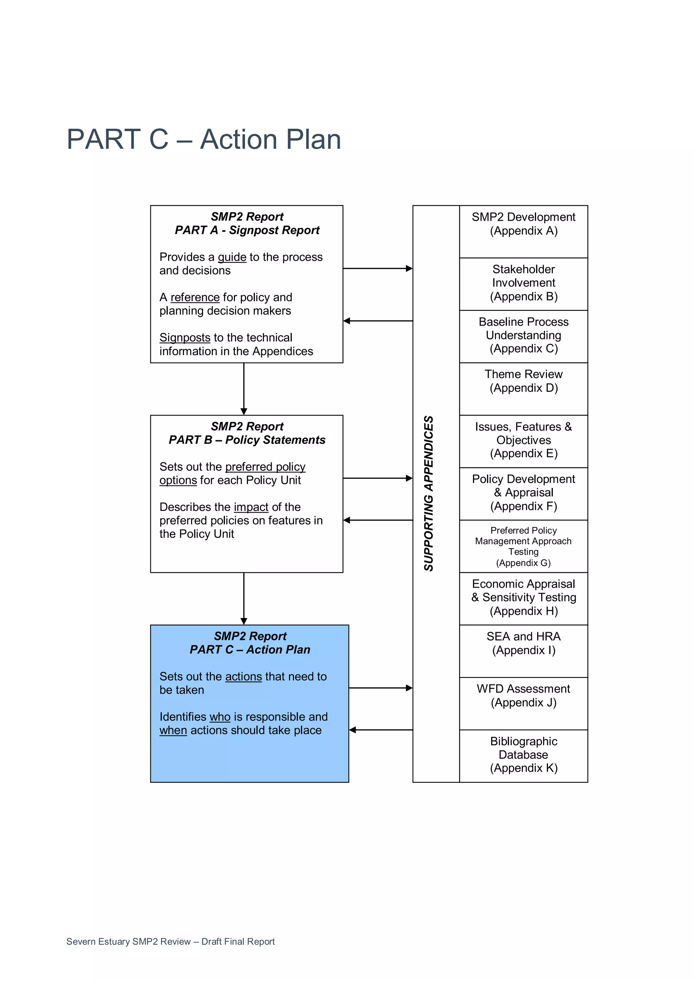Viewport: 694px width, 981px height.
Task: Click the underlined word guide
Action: pos(232,257)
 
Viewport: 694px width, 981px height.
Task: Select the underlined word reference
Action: pos(195,297)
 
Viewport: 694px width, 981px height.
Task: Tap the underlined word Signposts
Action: pos(185,338)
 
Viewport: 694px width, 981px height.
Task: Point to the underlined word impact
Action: pos(251,507)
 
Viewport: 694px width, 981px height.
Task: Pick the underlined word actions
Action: pos(243,677)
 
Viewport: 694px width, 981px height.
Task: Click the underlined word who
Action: pos(220,717)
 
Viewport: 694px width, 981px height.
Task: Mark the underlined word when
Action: pos(173,731)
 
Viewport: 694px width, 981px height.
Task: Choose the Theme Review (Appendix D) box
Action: pos(524,388)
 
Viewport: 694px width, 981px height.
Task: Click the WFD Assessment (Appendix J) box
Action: pos(524,703)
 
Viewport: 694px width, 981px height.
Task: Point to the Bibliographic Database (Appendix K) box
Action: pos(524,755)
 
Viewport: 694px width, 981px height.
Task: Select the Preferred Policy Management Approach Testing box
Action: pos(524,546)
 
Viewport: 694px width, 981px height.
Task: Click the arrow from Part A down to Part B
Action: pos(244,389)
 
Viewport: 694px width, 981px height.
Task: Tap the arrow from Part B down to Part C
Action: pos(244,598)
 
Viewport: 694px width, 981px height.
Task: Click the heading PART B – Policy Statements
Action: pos(247,440)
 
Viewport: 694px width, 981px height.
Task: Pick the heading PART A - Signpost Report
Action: pos(247,230)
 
